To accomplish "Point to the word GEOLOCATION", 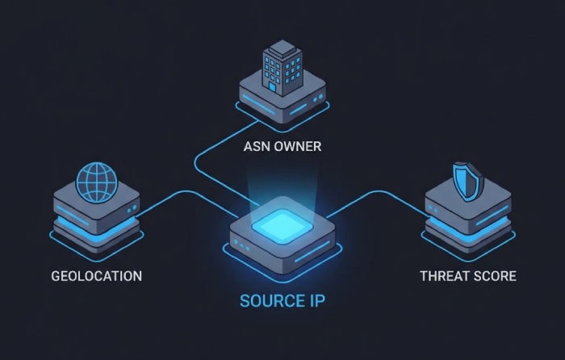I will coord(96,276).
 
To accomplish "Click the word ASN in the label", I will coord(258,147).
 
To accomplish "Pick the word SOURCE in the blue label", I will coord(270,302).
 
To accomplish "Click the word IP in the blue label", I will coord(316,302).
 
